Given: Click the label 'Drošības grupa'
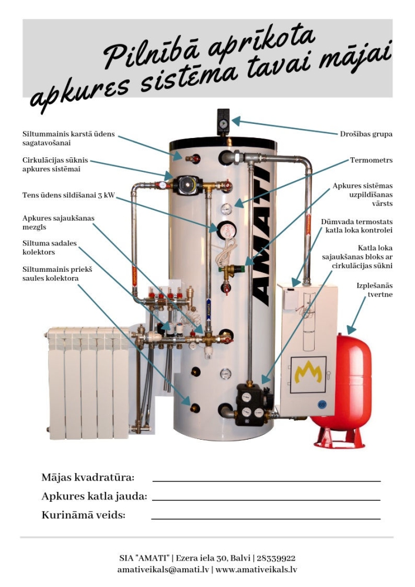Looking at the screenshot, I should click(366, 134).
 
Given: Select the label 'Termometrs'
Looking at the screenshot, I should click(371, 160).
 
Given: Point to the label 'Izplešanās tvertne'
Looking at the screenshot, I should click(374, 290).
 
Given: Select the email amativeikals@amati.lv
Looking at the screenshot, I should click(163, 569).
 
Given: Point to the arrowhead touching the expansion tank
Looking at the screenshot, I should click(351, 329).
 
